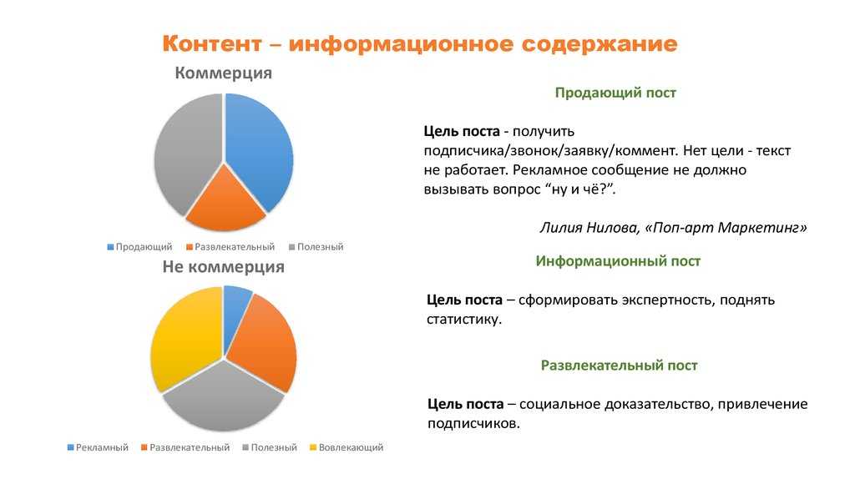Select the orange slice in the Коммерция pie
coord(225,203)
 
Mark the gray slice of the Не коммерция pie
coord(224,398)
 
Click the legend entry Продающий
coord(139,247)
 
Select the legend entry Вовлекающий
coord(347,447)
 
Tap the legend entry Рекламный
coord(98,447)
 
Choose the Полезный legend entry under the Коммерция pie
coord(316,247)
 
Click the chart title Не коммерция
coord(224,266)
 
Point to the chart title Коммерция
coord(224,73)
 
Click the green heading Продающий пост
coord(615,93)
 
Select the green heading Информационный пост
coord(618,261)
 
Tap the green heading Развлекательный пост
coord(619,366)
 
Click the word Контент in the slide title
coord(212,43)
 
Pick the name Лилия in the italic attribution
coord(560,227)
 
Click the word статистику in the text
coord(463,319)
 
